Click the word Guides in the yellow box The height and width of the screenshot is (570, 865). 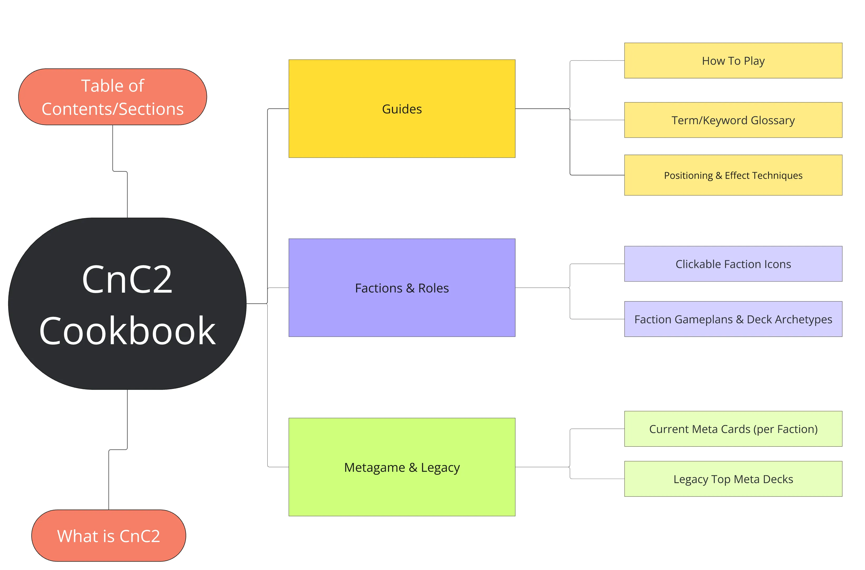tap(402, 109)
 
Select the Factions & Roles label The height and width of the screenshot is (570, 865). tap(402, 288)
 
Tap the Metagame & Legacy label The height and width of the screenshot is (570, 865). tap(402, 467)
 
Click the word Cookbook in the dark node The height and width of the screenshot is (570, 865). tap(127, 331)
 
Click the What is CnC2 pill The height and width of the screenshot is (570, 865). tap(109, 536)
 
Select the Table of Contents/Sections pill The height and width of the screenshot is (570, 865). tap(112, 97)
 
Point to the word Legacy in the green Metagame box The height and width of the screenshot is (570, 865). tap(440, 467)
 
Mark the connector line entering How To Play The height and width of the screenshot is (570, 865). tap(597, 61)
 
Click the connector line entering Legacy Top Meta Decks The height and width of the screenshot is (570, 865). tap(597, 479)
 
